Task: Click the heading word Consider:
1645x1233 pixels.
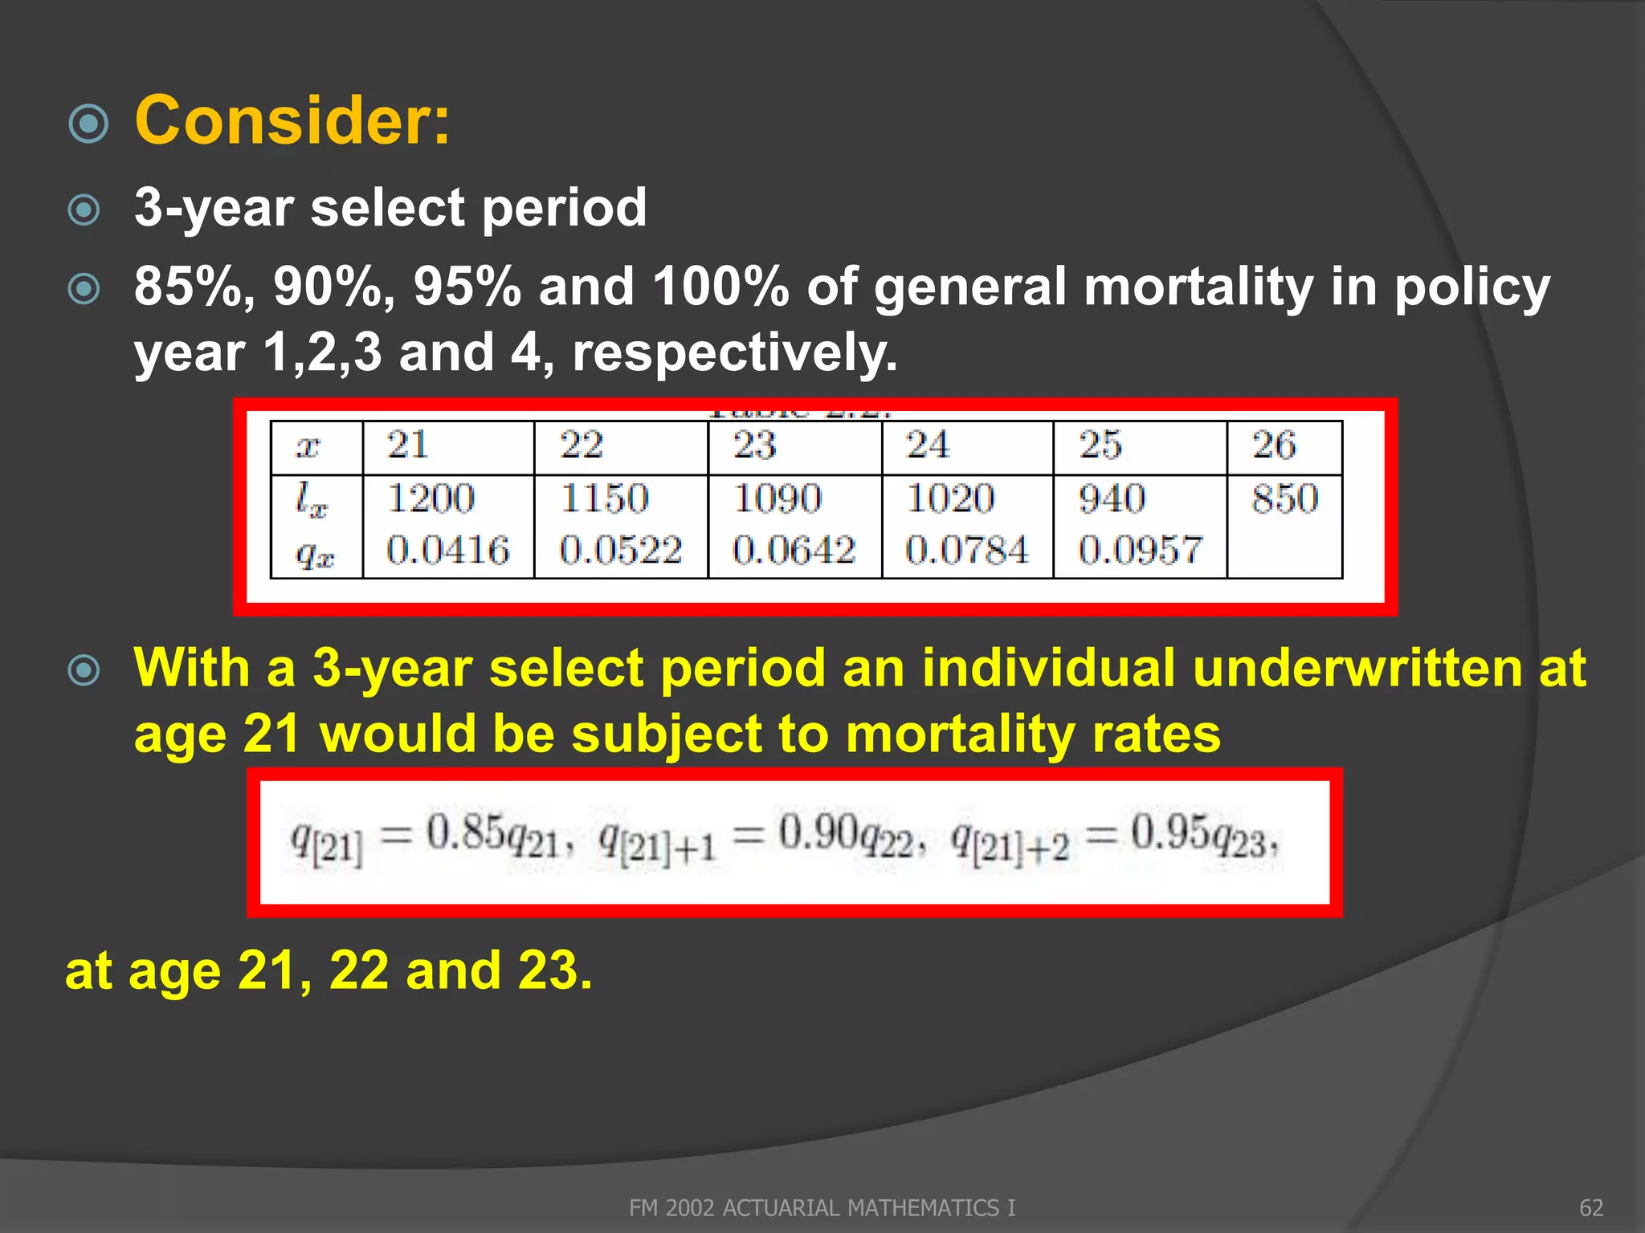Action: pos(292,120)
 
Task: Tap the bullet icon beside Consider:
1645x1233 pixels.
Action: pos(88,124)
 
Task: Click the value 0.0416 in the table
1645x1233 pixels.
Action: pos(447,551)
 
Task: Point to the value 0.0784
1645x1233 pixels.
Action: pos(966,551)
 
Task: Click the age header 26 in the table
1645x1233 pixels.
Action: pos(1274,445)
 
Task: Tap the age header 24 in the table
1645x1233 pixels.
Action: pos(928,445)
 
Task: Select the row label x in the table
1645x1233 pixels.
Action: pos(308,446)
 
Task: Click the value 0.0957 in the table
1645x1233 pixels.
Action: pos(1140,551)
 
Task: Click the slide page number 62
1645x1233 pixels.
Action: pos(1591,1207)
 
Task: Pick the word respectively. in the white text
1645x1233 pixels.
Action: pos(735,353)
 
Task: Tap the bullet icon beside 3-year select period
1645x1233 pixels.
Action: pos(84,210)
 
